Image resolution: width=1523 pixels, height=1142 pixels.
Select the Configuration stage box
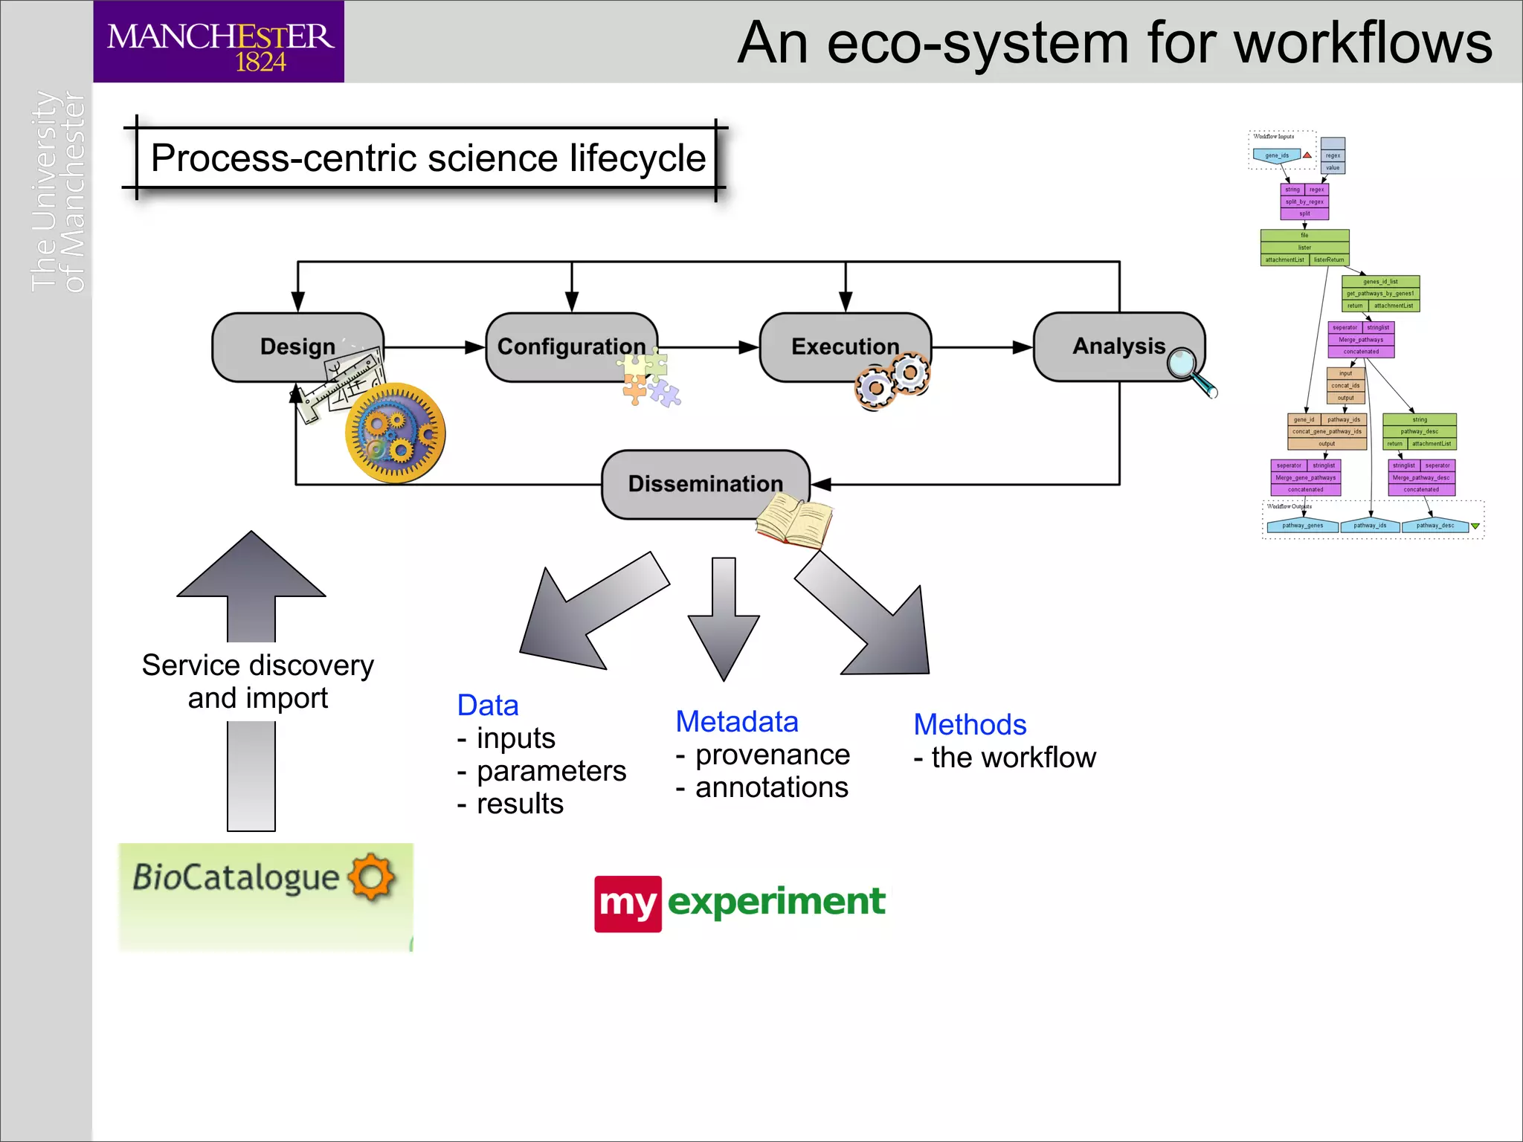tap(570, 346)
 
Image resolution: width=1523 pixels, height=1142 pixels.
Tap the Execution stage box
tap(844, 346)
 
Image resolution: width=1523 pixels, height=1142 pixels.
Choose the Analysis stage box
tap(1118, 346)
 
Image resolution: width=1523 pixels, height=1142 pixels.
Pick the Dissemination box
tap(704, 483)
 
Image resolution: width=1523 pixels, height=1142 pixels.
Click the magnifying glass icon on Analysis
tap(1190, 370)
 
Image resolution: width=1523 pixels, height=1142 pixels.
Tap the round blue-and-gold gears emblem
tap(395, 433)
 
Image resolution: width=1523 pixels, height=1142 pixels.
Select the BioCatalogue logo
tap(265, 896)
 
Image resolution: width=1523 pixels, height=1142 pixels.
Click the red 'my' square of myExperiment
tap(628, 903)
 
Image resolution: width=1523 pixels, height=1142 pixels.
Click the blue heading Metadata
tap(736, 722)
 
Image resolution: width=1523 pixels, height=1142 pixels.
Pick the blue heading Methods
tap(970, 725)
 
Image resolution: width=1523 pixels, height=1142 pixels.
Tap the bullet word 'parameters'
tap(551, 771)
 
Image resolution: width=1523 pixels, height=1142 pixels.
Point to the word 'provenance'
tap(772, 755)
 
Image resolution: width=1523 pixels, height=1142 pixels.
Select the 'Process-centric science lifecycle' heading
tap(428, 158)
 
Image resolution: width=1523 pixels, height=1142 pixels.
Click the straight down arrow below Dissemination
tap(724, 617)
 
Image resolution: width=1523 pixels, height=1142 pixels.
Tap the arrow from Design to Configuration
tap(435, 347)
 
